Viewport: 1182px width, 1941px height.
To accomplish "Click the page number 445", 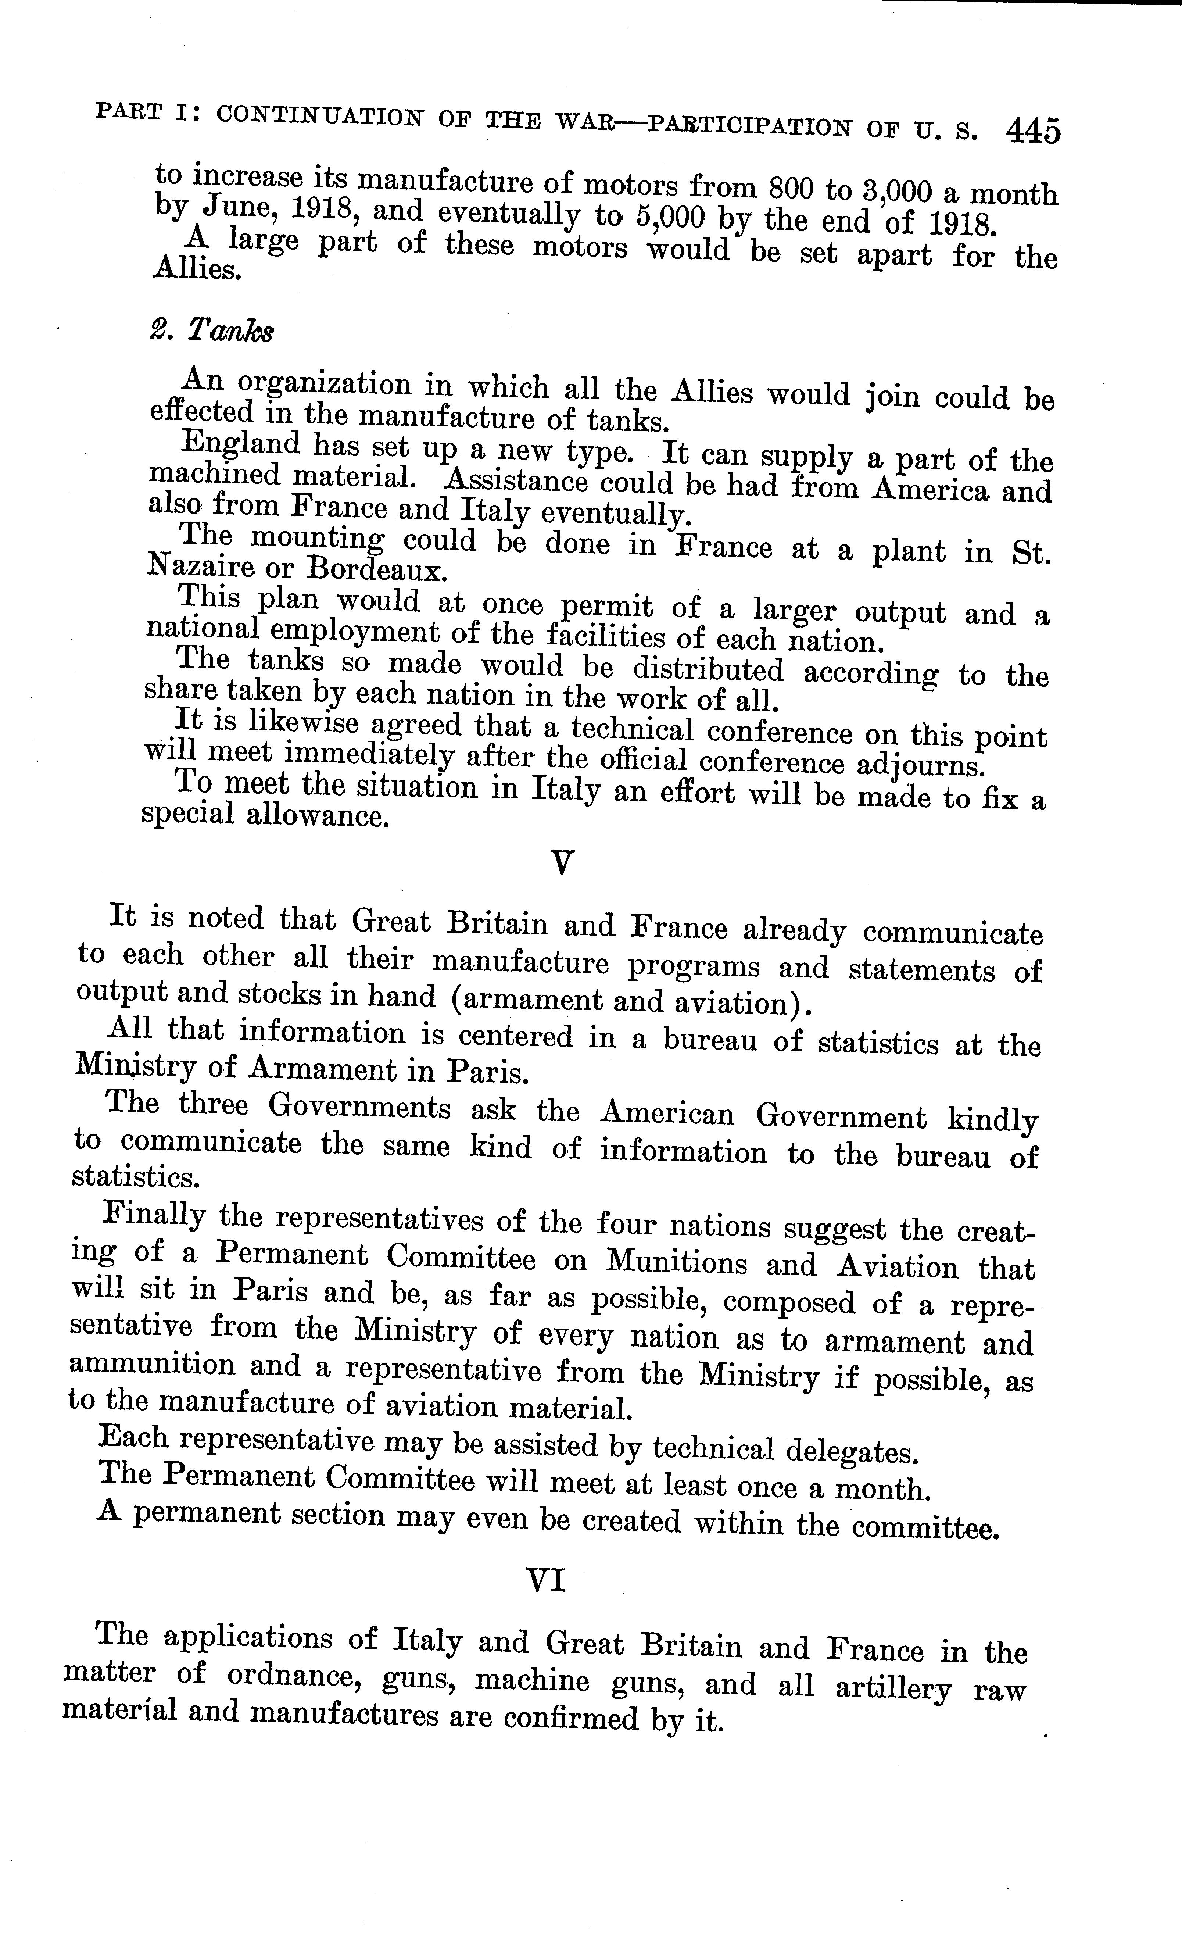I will (1032, 131).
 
